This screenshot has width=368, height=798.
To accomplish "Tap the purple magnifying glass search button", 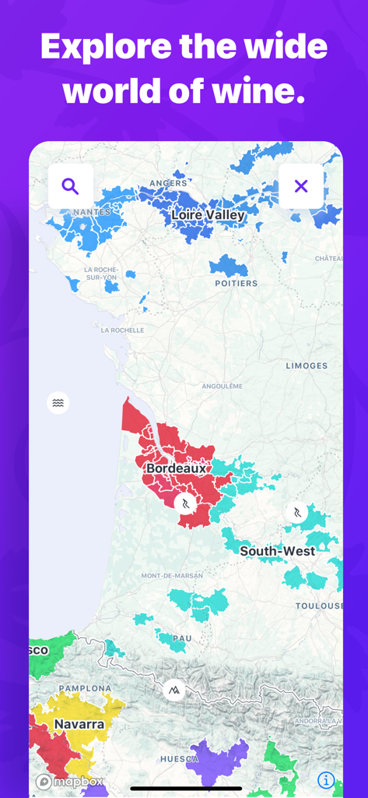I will click(x=71, y=186).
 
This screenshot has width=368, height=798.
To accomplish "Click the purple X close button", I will click(x=301, y=186).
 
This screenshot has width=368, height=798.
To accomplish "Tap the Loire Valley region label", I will click(x=208, y=214).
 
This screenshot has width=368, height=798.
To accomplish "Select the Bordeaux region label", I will click(x=177, y=468).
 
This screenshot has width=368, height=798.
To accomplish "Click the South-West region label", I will click(x=278, y=551).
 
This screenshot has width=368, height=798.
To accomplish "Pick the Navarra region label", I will click(x=79, y=724).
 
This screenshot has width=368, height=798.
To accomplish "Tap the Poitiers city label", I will click(x=237, y=283).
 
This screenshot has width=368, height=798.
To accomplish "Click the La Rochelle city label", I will click(x=123, y=330).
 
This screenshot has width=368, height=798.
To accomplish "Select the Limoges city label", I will click(x=307, y=365).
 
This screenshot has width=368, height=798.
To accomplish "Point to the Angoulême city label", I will click(x=223, y=386).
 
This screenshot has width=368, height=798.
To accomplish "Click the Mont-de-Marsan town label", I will click(x=173, y=576).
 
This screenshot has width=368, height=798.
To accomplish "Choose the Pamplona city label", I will click(x=85, y=688).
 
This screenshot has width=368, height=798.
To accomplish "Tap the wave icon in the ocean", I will click(x=58, y=403).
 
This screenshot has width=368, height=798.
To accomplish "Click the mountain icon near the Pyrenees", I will click(x=174, y=690).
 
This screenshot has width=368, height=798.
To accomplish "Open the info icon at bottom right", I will click(x=326, y=780).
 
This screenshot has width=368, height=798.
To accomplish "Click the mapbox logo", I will click(x=63, y=782).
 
